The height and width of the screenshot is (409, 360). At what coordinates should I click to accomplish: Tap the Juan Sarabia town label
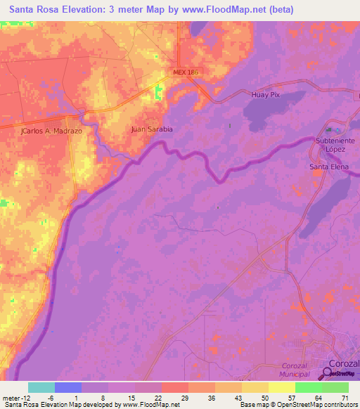(152, 129)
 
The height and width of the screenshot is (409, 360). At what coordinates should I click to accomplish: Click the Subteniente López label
(335, 145)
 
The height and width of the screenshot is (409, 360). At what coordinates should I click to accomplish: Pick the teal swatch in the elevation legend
(41, 387)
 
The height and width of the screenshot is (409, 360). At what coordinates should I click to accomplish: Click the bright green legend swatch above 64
(308, 387)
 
